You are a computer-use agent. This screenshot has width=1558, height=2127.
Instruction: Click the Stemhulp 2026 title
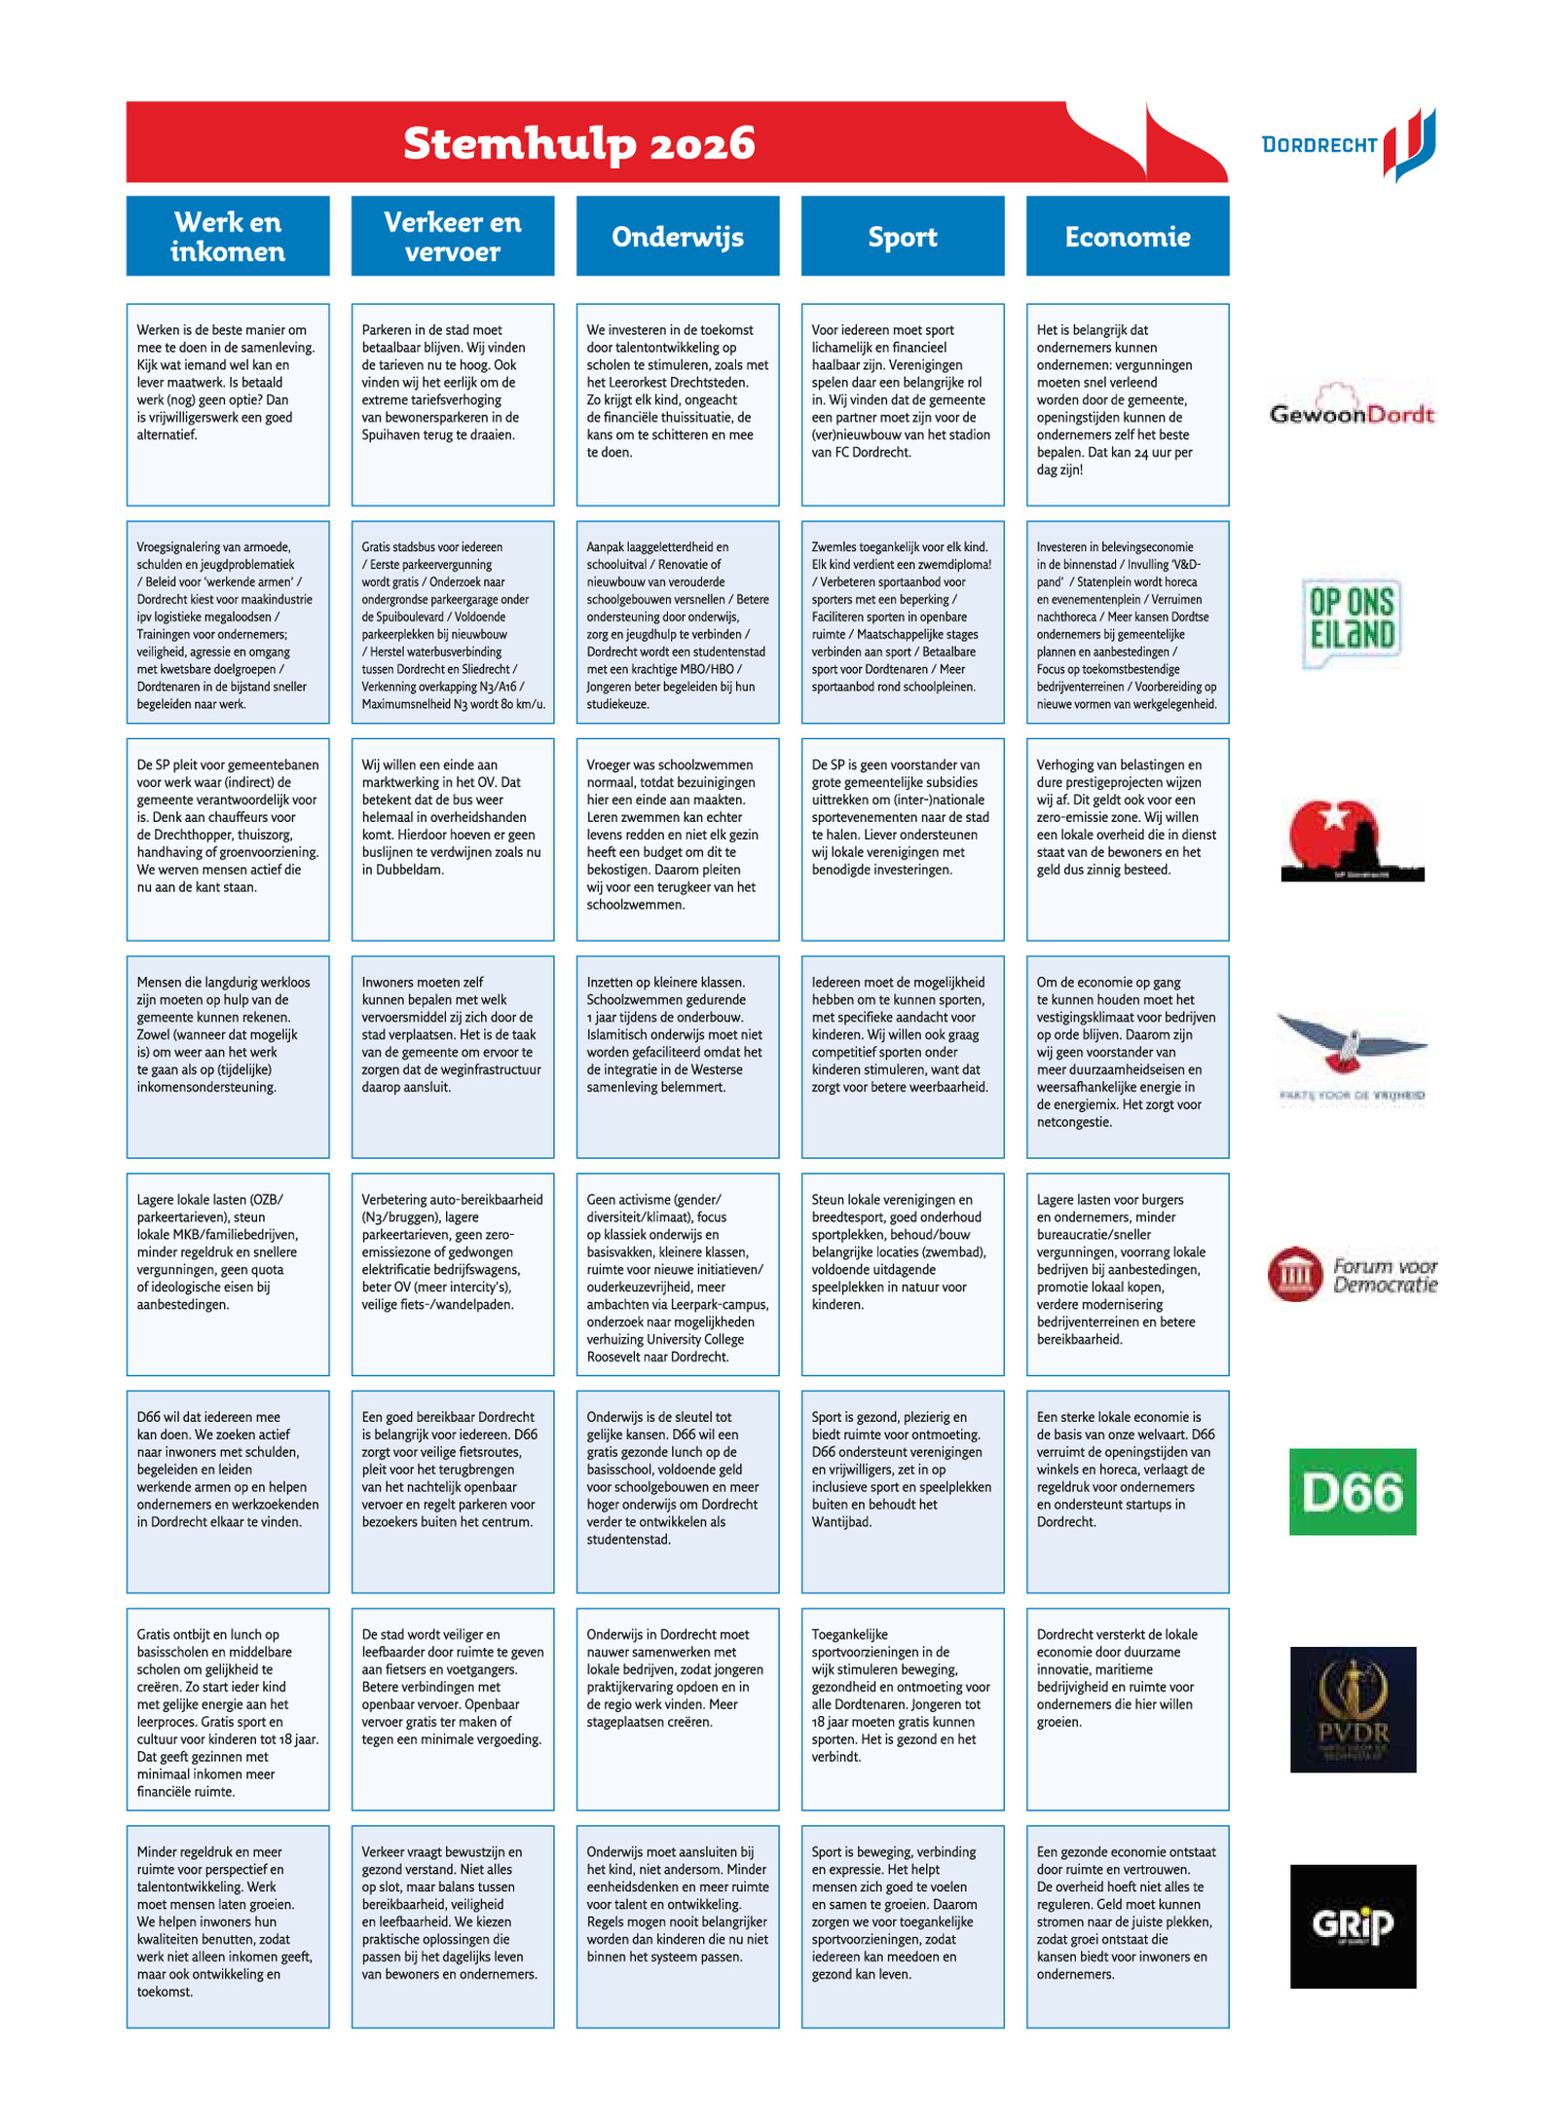(578, 143)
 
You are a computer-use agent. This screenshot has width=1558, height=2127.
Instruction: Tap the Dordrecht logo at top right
(1349, 144)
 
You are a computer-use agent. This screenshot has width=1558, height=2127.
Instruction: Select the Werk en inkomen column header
(228, 236)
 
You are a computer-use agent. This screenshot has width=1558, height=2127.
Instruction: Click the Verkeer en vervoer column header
(453, 236)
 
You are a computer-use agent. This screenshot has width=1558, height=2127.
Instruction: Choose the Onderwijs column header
(678, 236)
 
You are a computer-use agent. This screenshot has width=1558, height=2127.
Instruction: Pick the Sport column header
(903, 236)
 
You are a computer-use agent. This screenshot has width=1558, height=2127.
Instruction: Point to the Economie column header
(1128, 236)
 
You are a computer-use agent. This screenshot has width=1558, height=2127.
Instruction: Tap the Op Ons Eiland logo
(1352, 622)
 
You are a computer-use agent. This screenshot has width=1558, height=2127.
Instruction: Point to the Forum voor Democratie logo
(1352, 1274)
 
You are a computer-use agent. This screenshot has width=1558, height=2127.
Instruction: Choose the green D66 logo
(1352, 1492)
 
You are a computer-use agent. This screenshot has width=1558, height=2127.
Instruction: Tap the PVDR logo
(1352, 1709)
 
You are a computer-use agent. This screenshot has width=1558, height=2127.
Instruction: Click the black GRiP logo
(1352, 1926)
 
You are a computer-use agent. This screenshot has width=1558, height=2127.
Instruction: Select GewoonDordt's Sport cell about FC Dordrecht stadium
(903, 404)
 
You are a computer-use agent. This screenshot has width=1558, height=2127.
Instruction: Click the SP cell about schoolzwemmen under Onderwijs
(678, 840)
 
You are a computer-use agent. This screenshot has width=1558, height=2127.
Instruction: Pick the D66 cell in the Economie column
(1128, 1492)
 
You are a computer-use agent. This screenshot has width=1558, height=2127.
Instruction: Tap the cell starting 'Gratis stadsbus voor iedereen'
(453, 622)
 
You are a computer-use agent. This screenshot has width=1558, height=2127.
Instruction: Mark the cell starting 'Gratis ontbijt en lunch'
(228, 1709)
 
